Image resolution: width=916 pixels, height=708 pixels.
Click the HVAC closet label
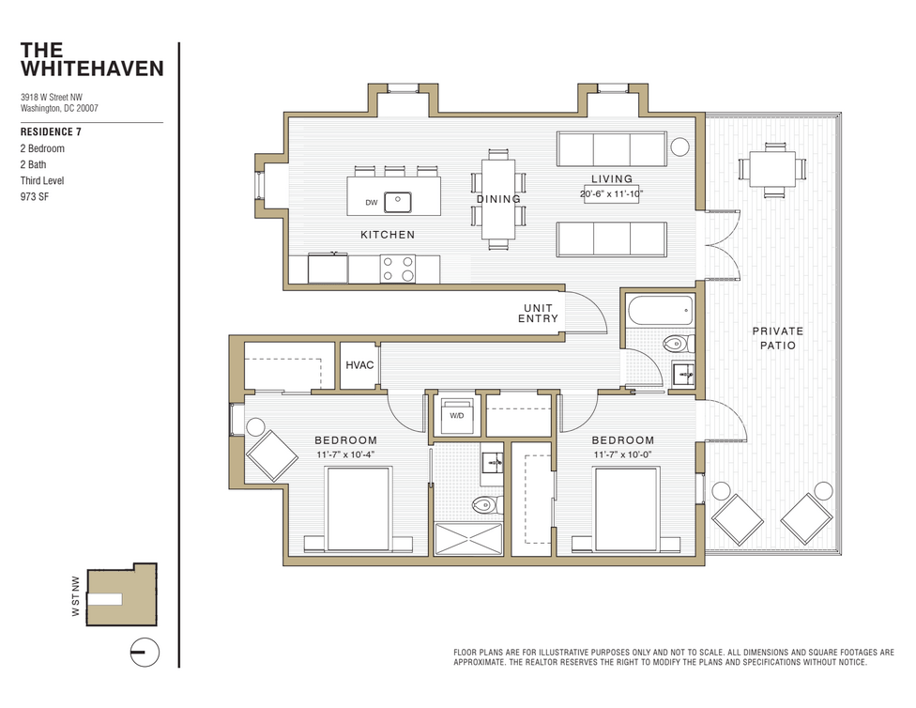[x=359, y=365]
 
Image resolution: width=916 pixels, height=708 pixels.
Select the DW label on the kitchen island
[x=372, y=202]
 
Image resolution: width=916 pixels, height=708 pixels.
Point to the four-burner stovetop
[x=398, y=269]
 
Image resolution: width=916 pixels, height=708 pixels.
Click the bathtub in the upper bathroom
[x=660, y=309]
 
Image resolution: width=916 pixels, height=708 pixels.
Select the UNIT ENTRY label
[x=538, y=314]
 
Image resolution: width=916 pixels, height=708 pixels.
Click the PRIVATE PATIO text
[x=777, y=338]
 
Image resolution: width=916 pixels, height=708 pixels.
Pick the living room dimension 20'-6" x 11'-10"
[x=611, y=193]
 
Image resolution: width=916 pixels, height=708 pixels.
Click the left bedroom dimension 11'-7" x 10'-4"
[x=345, y=455]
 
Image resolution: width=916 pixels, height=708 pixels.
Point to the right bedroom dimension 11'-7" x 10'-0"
[x=622, y=455]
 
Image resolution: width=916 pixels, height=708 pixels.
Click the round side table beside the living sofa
[x=679, y=146]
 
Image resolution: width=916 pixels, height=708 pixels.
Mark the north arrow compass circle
[x=144, y=651]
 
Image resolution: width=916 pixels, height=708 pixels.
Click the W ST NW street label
[x=76, y=596]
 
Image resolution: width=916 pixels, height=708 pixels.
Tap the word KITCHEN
[x=388, y=235]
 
